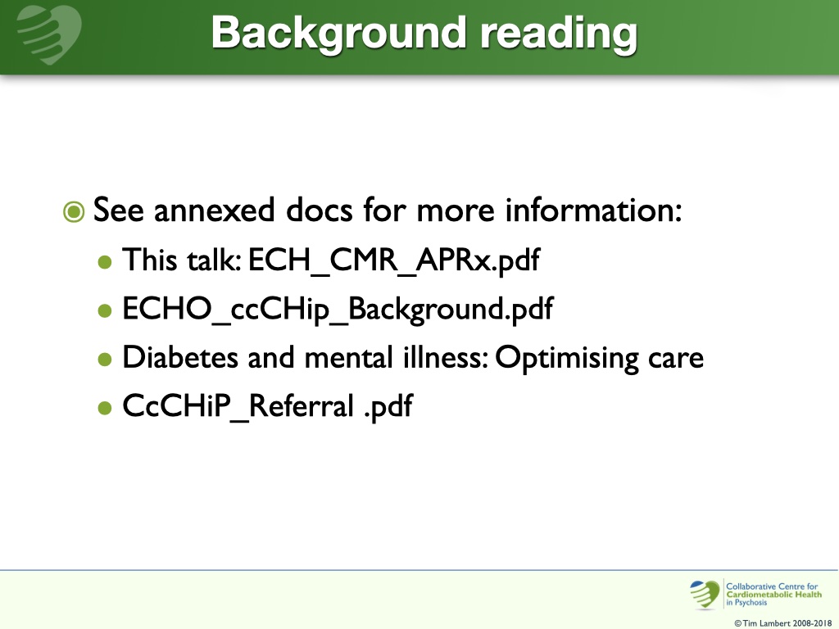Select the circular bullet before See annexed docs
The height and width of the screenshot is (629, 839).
[74, 212]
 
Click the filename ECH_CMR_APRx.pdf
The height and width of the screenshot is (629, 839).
[396, 262]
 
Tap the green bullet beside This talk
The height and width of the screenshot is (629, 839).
[104, 263]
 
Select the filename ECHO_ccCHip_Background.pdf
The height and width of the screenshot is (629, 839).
[337, 310]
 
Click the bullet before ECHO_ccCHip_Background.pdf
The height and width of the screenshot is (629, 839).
[104, 311]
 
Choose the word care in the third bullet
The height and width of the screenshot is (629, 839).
[679, 359]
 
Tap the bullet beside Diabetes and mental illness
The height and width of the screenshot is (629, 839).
[104, 360]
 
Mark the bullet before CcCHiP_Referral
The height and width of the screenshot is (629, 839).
[104, 408]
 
